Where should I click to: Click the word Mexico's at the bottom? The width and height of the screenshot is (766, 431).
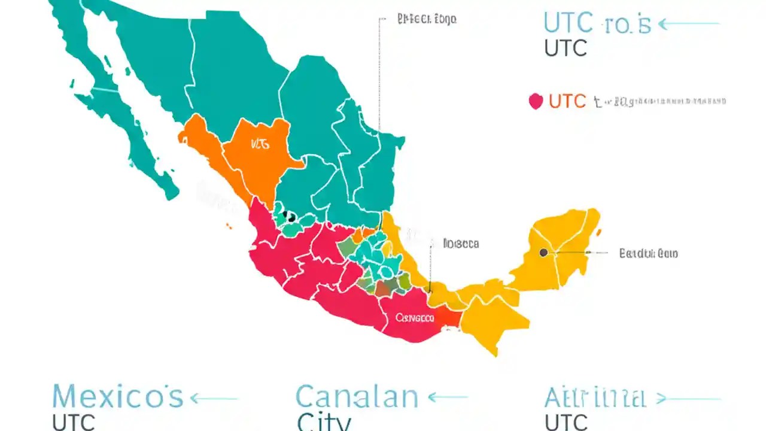pyautogui.click(x=117, y=397)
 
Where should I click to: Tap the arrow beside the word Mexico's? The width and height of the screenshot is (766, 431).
pyautogui.click(x=214, y=398)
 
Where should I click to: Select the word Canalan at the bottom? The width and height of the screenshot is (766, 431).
pyautogui.click(x=357, y=397)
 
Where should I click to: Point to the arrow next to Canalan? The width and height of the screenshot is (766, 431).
pyautogui.click(x=448, y=397)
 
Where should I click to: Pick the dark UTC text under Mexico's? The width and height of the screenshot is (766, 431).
pyautogui.click(x=74, y=422)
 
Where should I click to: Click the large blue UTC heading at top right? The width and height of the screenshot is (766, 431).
pyautogui.click(x=597, y=24)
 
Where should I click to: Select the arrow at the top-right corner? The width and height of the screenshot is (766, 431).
pyautogui.click(x=688, y=24)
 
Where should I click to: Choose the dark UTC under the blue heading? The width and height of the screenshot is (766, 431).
pyautogui.click(x=566, y=48)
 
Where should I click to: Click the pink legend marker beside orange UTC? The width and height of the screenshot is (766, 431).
pyautogui.click(x=536, y=101)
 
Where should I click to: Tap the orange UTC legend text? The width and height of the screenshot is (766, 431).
pyautogui.click(x=567, y=101)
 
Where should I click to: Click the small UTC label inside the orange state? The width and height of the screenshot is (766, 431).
pyautogui.click(x=260, y=144)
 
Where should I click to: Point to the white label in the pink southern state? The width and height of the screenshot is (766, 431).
pyautogui.click(x=415, y=317)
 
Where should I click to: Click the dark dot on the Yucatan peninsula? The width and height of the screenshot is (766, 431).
pyautogui.click(x=543, y=253)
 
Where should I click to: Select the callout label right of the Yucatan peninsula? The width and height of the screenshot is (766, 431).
pyautogui.click(x=648, y=253)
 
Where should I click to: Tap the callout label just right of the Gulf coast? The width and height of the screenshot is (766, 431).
pyautogui.click(x=461, y=244)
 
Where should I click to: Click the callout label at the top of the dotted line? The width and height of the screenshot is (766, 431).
pyautogui.click(x=427, y=19)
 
